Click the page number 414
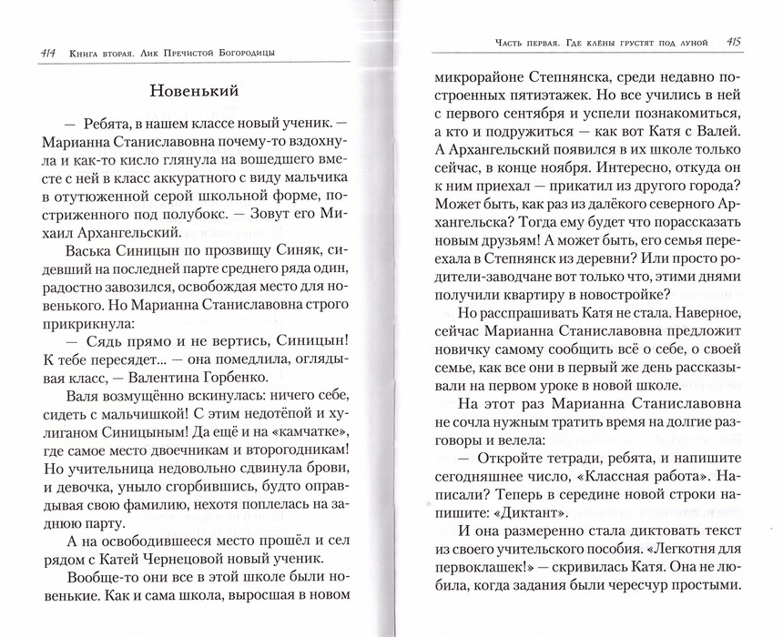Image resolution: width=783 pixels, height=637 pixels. tap(39, 51)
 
